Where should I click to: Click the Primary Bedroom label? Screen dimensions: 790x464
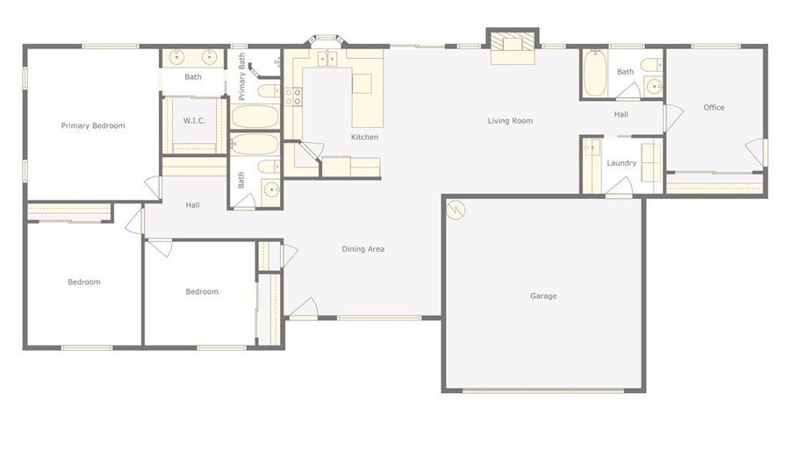point(93,125)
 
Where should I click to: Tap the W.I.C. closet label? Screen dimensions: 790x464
point(194,121)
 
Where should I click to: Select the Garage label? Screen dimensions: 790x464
point(543,296)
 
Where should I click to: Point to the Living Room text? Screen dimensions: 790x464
point(510,121)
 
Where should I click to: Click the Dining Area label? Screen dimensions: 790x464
point(363,249)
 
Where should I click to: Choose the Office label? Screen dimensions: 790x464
point(714,107)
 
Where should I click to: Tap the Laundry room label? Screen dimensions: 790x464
point(621,163)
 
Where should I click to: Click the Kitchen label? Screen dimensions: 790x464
point(364,137)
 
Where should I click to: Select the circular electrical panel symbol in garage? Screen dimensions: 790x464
point(456,210)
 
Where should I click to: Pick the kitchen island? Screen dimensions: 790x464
point(367,100)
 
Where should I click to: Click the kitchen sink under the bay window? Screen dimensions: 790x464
point(327,60)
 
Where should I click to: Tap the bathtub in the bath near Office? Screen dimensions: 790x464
point(594,73)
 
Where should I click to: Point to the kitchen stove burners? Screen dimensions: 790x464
point(293,96)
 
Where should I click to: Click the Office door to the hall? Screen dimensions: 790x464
point(672,118)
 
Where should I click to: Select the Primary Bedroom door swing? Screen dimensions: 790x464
point(153,188)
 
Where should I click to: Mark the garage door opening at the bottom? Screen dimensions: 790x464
point(543,390)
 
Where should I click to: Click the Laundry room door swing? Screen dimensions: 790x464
point(619,186)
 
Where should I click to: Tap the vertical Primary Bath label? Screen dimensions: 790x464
point(242,76)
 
